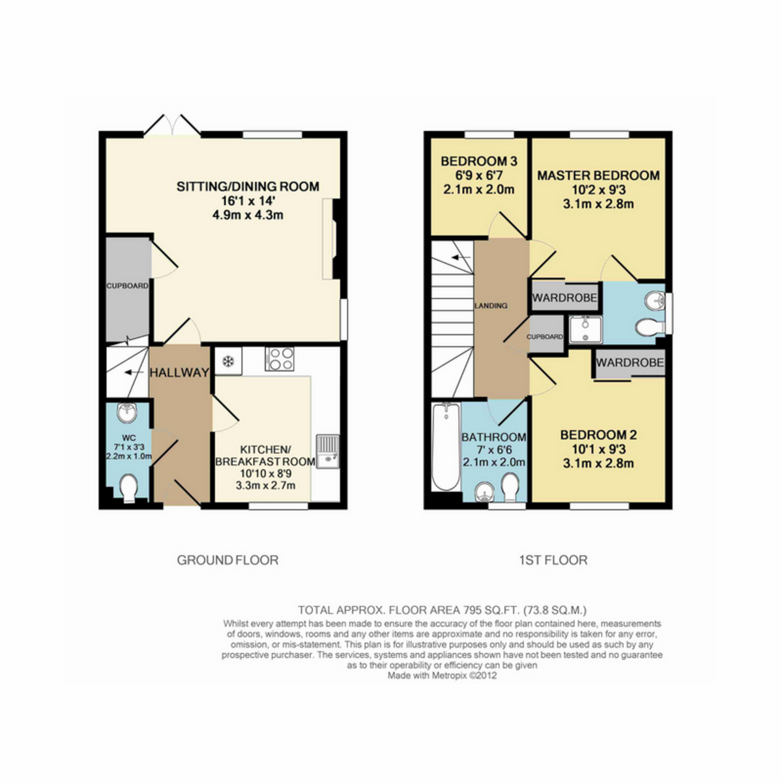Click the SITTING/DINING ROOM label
point(248,187)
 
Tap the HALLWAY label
point(179,373)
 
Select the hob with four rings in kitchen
point(280,359)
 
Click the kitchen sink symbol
point(326,452)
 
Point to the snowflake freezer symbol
point(229,361)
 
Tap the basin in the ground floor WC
point(126,413)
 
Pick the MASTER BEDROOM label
point(598,175)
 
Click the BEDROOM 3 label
point(479,161)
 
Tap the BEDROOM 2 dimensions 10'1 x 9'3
point(598,450)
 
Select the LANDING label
point(491,306)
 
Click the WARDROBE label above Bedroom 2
point(630,362)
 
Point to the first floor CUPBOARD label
point(544,337)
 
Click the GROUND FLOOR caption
point(227,560)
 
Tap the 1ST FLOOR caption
point(553,560)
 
